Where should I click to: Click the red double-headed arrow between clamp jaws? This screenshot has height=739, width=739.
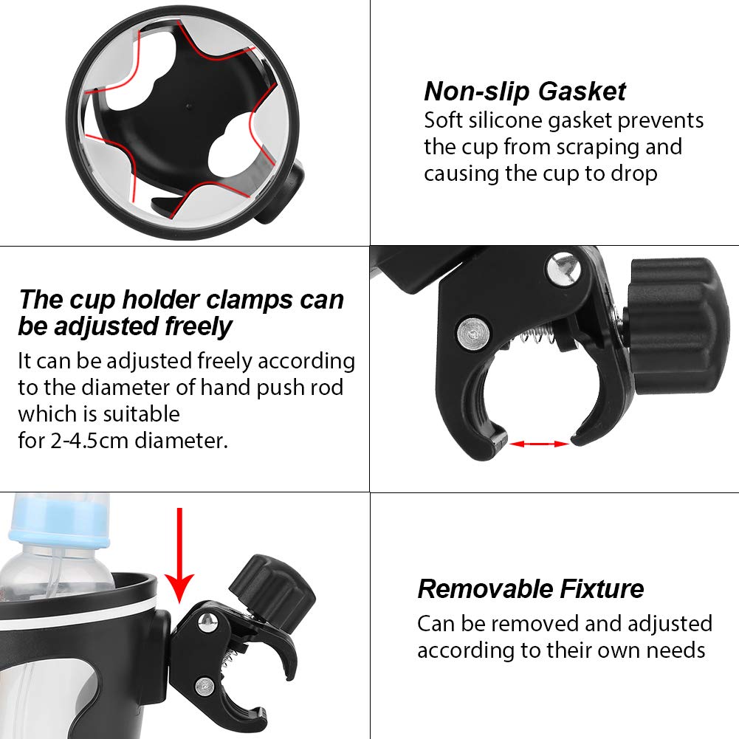pyautogui.click(x=540, y=444)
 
